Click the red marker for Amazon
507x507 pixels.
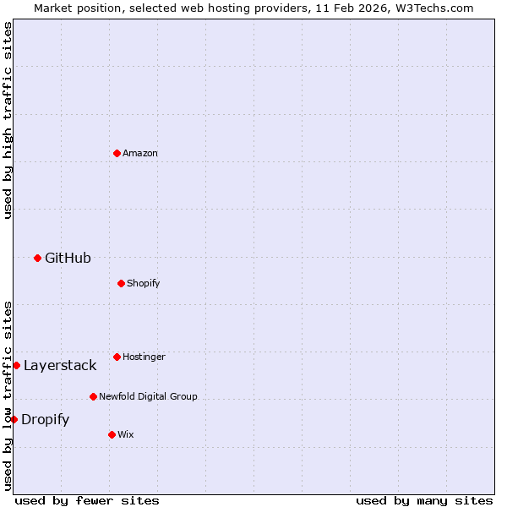click(117, 153)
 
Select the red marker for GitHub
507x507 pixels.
click(37, 258)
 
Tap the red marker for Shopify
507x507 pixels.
click(121, 283)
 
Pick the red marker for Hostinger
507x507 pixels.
click(117, 357)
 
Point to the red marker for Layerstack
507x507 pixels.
click(16, 365)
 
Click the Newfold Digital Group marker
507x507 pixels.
click(93, 396)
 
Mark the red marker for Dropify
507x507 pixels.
click(14, 419)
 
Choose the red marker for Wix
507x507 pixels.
click(112, 434)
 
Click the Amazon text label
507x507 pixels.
click(140, 153)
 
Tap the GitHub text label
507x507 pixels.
click(68, 258)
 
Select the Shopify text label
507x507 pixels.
click(143, 283)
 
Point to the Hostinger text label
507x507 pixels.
click(144, 357)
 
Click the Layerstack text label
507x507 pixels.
click(60, 365)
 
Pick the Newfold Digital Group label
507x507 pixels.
click(148, 396)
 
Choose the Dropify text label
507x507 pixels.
click(45, 419)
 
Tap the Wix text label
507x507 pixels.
click(125, 434)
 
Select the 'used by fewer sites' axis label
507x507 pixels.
click(87, 500)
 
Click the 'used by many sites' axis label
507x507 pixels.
click(424, 500)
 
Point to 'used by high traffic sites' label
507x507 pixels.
click(8, 120)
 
